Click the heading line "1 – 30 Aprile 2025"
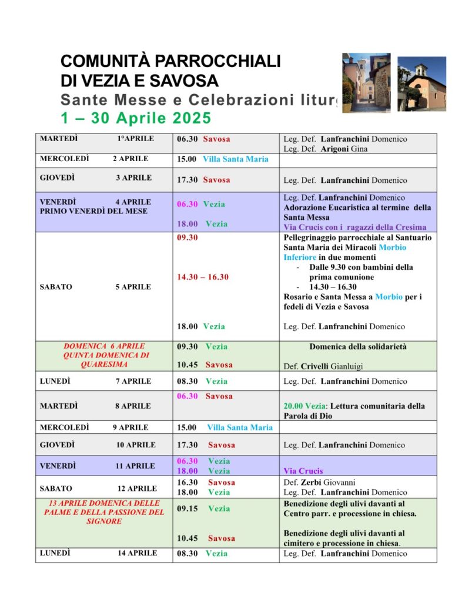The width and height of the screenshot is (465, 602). [x=136, y=118]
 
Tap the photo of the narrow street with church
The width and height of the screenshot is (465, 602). [x=366, y=82]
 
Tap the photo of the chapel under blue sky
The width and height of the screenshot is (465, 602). [x=421, y=83]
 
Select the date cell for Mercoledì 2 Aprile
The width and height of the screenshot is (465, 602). [x=94, y=159]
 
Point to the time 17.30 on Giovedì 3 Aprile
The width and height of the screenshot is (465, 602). [x=187, y=180]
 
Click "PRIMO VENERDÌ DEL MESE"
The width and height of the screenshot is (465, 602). [x=93, y=211]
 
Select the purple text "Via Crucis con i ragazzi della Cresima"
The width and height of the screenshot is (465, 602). [x=355, y=227]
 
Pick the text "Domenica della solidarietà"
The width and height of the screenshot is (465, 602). [x=358, y=347]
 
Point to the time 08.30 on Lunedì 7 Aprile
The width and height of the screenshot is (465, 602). [x=187, y=382]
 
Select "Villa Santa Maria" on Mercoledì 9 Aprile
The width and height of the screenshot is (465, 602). [x=240, y=427]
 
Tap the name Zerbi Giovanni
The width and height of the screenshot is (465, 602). [x=333, y=483]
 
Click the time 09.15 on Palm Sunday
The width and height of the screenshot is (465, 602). [x=187, y=509]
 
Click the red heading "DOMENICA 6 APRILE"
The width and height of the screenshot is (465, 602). [x=104, y=346]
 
